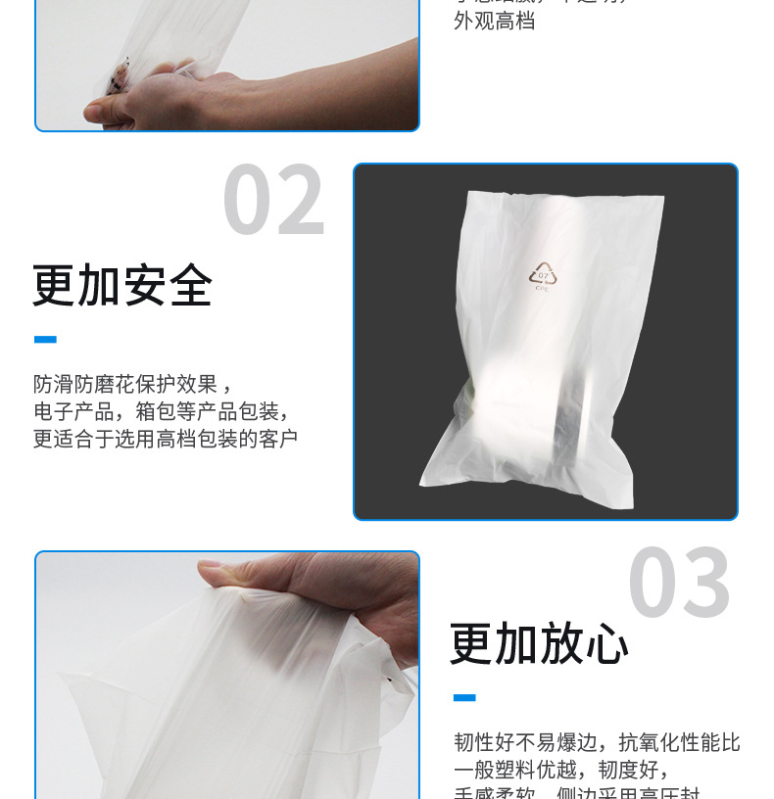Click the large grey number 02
273,202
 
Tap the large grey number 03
679,585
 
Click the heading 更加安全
122,286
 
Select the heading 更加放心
539,644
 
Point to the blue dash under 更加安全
45,340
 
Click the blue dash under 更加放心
464,698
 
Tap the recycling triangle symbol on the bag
543,271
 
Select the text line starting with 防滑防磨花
133,384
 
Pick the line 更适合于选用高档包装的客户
165,439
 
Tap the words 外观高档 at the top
494,22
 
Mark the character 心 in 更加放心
606,644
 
